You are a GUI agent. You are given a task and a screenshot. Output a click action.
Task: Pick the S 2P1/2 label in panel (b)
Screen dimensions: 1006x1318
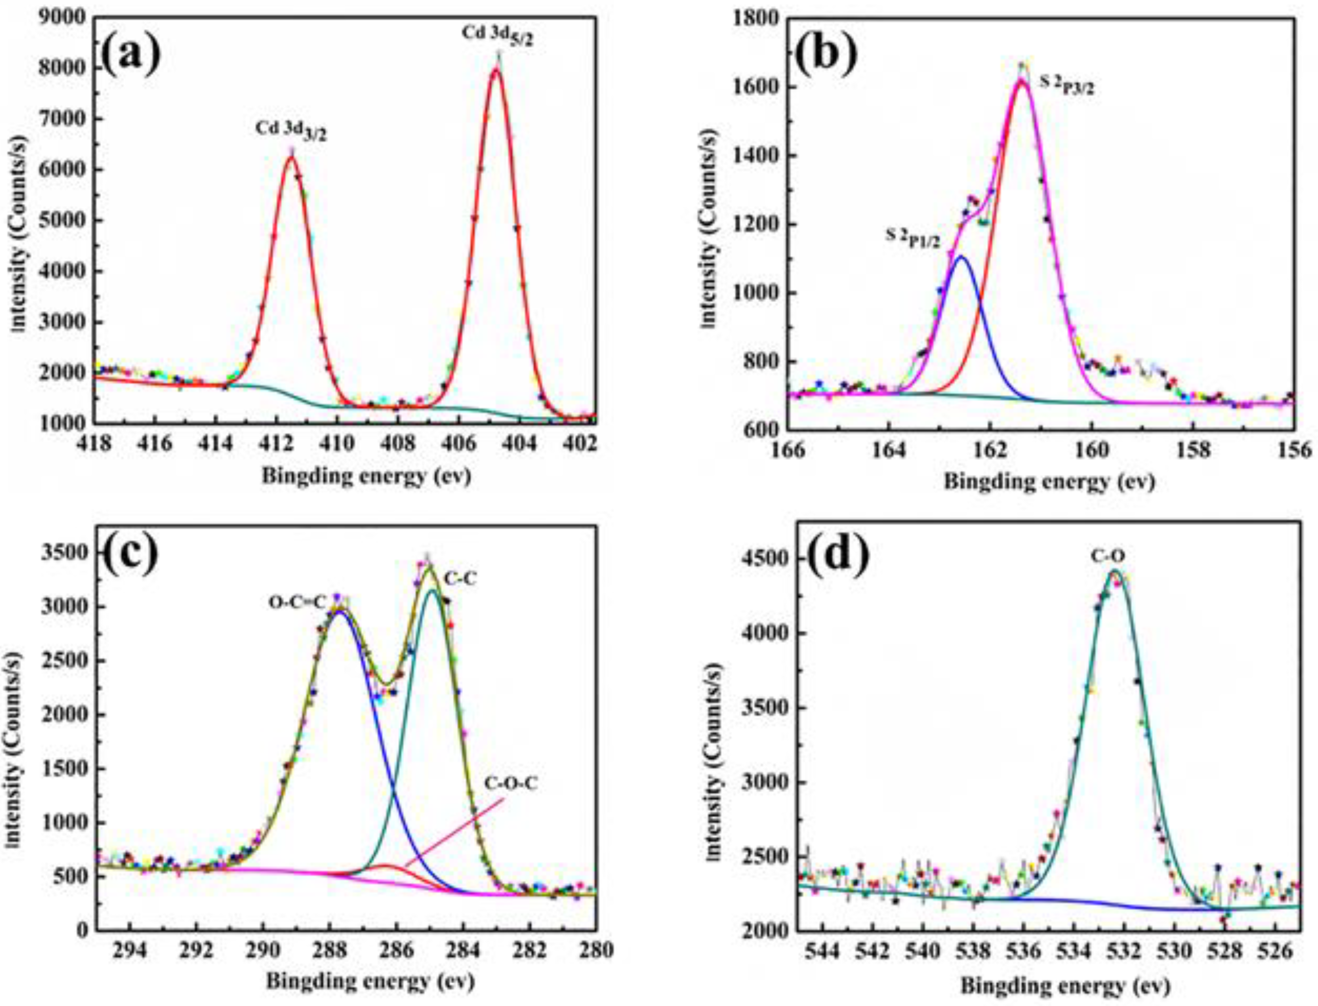[913, 238]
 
